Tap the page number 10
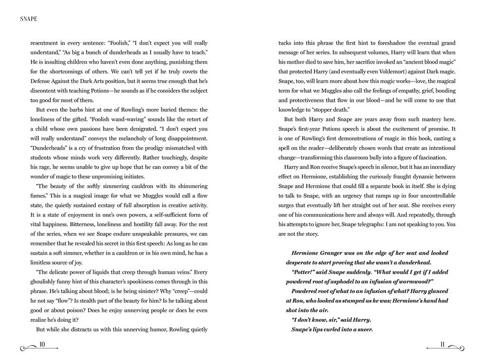click(42, 345)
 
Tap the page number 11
click(442, 345)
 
